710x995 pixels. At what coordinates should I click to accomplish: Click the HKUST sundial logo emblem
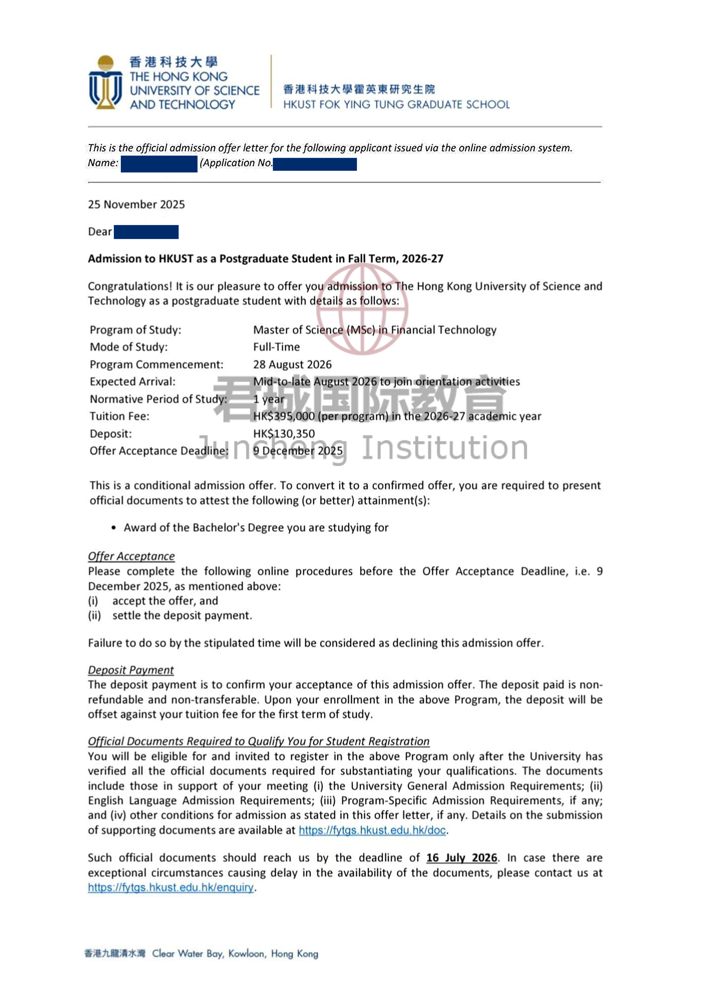click(x=105, y=82)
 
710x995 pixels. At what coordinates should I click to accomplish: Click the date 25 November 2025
click(x=136, y=204)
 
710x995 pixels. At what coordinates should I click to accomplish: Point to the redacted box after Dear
click(x=146, y=232)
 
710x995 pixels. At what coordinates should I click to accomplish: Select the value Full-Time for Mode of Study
click(x=276, y=347)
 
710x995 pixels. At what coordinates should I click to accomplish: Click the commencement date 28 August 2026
click(x=292, y=365)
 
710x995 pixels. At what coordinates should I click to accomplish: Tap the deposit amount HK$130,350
click(x=284, y=434)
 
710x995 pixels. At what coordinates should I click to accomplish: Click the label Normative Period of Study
click(x=158, y=399)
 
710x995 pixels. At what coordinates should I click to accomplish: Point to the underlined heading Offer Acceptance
click(x=131, y=556)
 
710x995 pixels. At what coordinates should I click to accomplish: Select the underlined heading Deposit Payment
click(x=131, y=670)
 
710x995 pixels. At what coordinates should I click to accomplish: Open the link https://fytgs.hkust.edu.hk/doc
click(x=372, y=830)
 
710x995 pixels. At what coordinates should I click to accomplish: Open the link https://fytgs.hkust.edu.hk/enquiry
click(x=170, y=887)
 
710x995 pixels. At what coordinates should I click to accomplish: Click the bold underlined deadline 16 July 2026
click(x=462, y=858)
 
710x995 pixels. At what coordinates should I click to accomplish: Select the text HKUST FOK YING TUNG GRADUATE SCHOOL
click(x=396, y=105)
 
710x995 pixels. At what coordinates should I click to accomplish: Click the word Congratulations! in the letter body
click(x=130, y=286)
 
